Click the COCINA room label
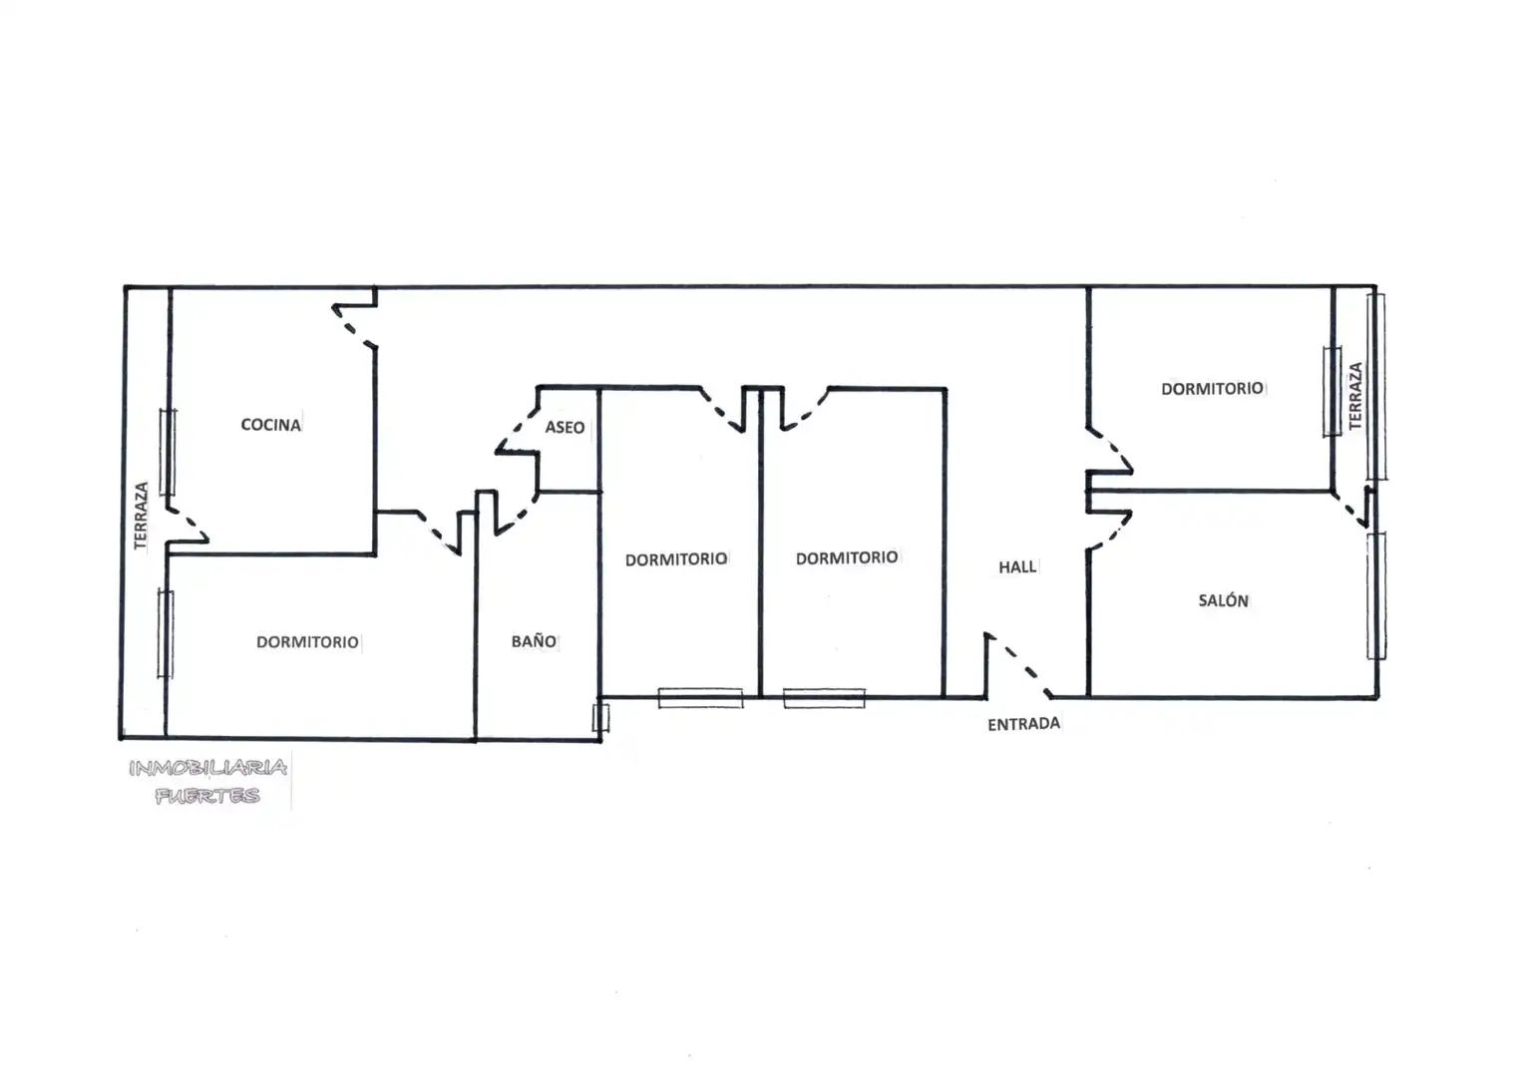(x=270, y=425)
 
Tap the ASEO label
(x=565, y=428)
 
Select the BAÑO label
(x=534, y=640)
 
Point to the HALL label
(x=1017, y=567)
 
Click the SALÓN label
(x=1223, y=600)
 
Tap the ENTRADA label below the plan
(x=1023, y=724)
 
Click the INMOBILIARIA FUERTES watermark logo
(x=208, y=781)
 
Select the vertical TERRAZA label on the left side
(x=141, y=516)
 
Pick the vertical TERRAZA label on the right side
(x=1355, y=396)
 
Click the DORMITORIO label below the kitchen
(x=307, y=642)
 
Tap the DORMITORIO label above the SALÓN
(x=1212, y=389)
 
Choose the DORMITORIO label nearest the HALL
(x=847, y=558)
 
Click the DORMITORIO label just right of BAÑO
(x=676, y=559)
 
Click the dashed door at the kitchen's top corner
(x=354, y=326)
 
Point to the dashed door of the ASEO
(x=517, y=430)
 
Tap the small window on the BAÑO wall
(x=600, y=718)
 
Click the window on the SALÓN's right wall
(x=1376, y=596)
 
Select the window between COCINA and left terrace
(x=168, y=452)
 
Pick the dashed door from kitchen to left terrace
(x=188, y=525)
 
